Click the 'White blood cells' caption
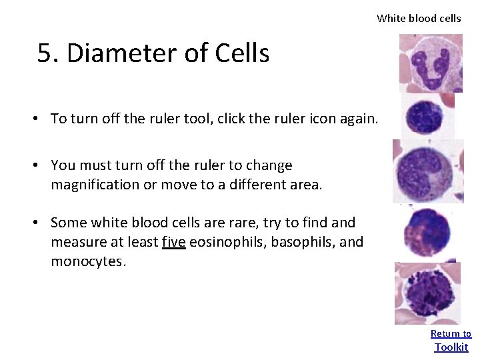pos(419,19)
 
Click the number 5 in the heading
pos(45,53)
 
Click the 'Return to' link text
pos(451,333)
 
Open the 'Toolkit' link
pos(451,347)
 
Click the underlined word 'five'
pos(174,241)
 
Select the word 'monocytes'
pos(87,261)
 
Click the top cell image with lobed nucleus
pos(430,64)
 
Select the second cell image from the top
pos(424,115)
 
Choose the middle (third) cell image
pos(427,171)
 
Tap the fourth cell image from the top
pos(426,232)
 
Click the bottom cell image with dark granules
pos(427,293)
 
